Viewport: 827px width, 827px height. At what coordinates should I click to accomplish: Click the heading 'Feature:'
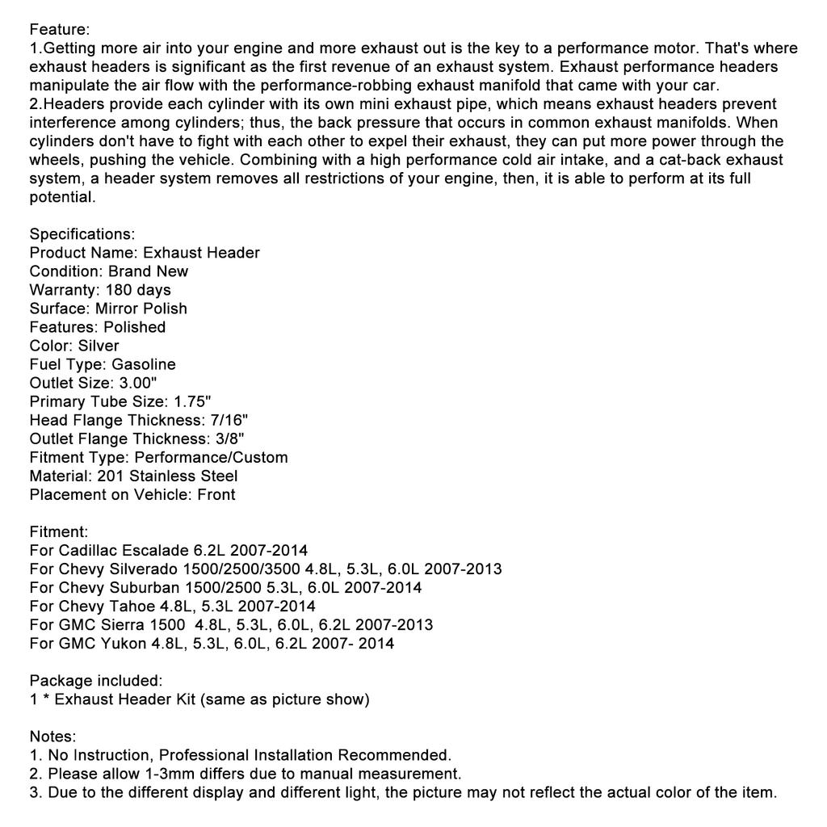coord(60,30)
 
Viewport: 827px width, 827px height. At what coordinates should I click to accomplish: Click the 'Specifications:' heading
coord(82,234)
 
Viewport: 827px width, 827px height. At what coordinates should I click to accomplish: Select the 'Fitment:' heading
coord(59,532)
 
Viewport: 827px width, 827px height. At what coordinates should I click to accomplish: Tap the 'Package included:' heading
coord(96,681)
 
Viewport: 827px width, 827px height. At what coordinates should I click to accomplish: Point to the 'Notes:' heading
coord(53,737)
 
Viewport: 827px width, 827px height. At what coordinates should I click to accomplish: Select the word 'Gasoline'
coord(144,364)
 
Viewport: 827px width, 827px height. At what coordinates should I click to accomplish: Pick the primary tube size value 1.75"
coord(192,401)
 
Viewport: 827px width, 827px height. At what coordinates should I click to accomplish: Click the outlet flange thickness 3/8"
coord(229,439)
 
